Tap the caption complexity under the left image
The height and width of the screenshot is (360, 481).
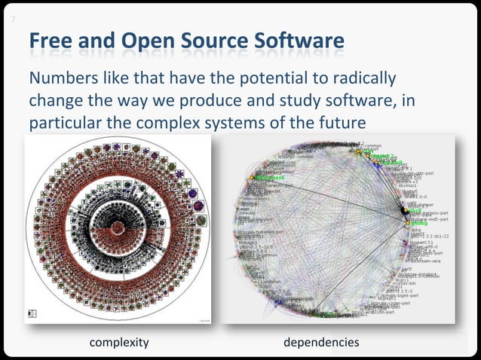point(119,343)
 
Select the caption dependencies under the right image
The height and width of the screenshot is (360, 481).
point(321,343)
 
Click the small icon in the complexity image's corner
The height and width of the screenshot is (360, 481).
point(32,313)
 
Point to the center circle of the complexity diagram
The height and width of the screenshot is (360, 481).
point(118,229)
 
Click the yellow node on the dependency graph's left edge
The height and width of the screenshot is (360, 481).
point(253,178)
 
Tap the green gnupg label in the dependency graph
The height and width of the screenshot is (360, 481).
point(419,223)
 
